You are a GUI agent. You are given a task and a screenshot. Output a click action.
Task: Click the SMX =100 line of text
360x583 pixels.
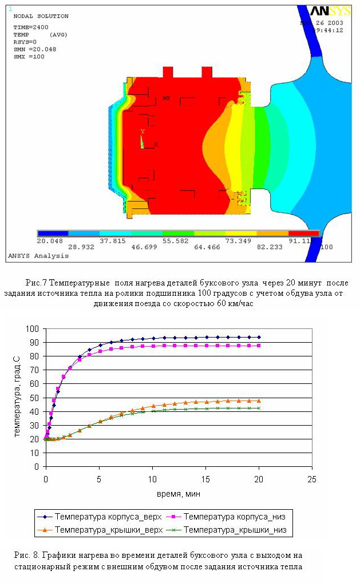click(29, 57)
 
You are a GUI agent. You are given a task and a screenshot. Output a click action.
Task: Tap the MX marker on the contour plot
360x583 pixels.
click(166, 98)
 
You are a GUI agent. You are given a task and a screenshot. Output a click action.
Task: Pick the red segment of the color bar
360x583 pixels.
click(303, 233)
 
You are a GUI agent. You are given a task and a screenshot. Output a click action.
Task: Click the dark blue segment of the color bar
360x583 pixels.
click(53, 233)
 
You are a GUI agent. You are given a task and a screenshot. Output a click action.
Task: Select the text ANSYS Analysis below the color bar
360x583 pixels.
click(38, 256)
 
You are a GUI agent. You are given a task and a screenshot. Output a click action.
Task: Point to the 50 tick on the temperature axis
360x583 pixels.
click(37, 398)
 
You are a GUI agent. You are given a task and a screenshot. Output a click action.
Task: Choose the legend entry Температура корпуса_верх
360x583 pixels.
click(103, 517)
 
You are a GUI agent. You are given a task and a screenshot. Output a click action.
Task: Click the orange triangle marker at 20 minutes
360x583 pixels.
click(259, 400)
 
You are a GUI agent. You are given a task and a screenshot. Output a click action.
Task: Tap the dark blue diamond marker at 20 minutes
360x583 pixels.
click(259, 337)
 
